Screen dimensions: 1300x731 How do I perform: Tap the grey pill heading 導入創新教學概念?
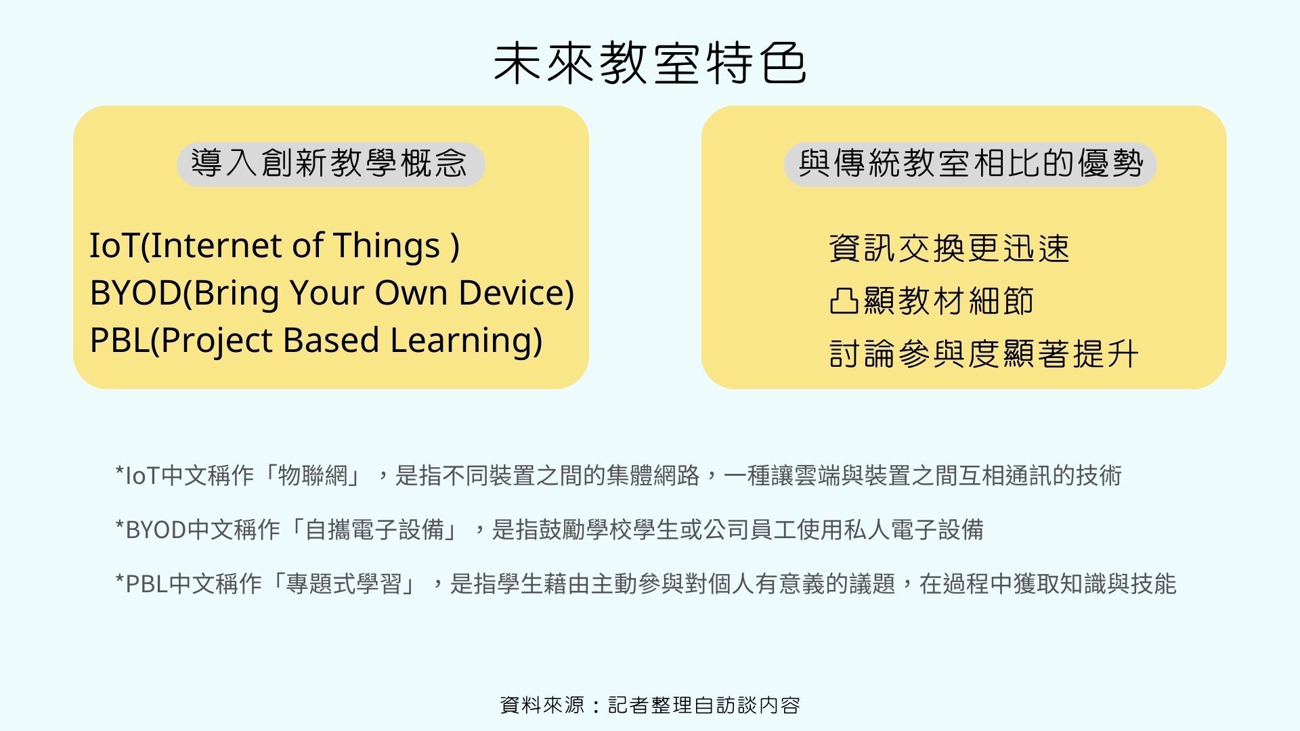pyautogui.click(x=331, y=164)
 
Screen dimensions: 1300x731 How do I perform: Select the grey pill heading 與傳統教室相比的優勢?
pyautogui.click(x=970, y=164)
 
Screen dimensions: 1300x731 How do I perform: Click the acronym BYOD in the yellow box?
pyautogui.click(x=135, y=293)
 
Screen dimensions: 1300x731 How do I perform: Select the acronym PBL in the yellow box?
pyautogui.click(x=118, y=340)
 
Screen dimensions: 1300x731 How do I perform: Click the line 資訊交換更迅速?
pyautogui.click(x=949, y=248)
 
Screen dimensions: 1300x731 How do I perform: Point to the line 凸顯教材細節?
pyautogui.click(x=932, y=301)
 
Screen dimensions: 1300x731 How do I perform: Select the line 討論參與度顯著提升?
pyautogui.click(x=984, y=353)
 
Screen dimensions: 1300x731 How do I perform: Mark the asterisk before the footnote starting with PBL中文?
pyautogui.click(x=120, y=579)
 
